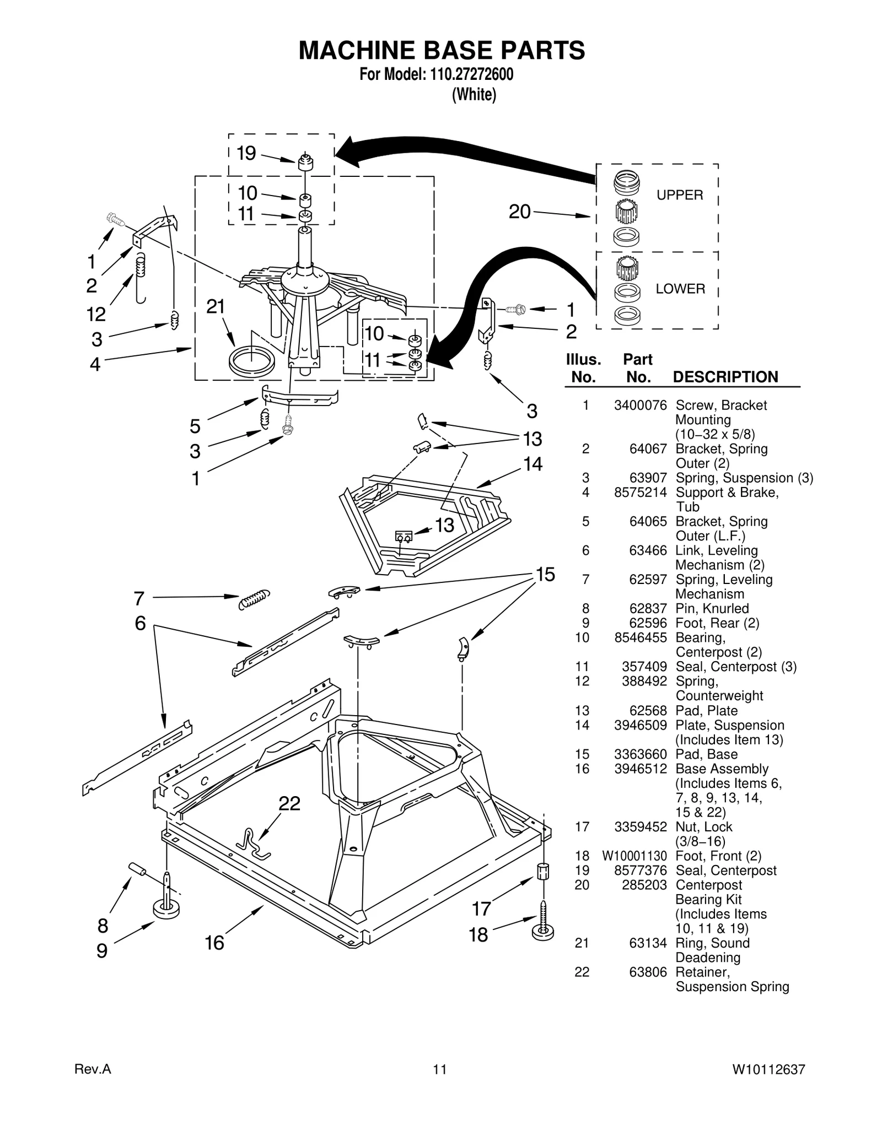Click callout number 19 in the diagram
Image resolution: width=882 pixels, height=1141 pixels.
(x=246, y=153)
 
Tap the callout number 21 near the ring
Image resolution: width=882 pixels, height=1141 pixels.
(x=216, y=306)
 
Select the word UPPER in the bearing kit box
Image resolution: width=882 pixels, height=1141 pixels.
(x=679, y=195)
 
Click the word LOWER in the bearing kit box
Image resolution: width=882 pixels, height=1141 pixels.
(x=680, y=289)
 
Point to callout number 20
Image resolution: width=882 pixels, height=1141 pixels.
(x=519, y=212)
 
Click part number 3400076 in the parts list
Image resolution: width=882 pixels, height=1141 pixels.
(x=640, y=405)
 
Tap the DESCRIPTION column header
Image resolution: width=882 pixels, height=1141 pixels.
(x=725, y=377)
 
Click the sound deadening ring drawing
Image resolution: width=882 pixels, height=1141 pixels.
(x=251, y=362)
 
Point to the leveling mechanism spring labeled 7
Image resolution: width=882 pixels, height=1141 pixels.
(x=254, y=599)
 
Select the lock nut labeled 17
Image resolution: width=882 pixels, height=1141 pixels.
(x=544, y=872)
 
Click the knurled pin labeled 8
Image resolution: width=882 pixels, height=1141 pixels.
(x=137, y=869)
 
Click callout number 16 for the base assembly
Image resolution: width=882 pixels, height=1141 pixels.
(x=214, y=943)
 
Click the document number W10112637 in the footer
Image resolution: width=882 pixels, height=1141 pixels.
(x=768, y=1070)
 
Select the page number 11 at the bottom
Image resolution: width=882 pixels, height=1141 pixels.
(x=439, y=1070)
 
